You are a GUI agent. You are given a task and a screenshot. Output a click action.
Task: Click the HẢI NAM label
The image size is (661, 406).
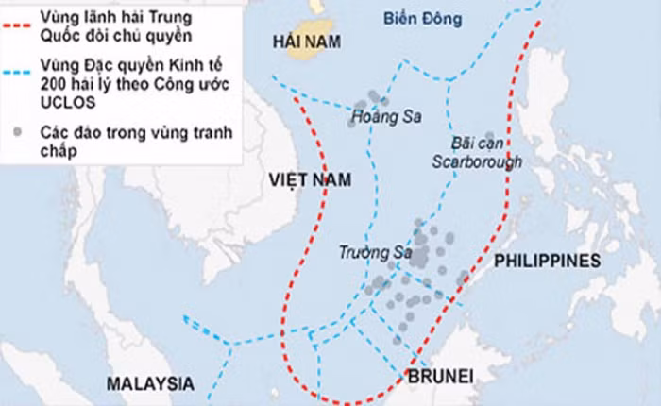[304, 41]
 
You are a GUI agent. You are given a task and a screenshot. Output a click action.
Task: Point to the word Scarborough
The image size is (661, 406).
[477, 161]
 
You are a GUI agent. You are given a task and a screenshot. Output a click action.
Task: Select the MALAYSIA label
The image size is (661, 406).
[150, 383]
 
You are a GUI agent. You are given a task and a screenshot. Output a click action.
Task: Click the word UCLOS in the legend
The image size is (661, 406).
[66, 99]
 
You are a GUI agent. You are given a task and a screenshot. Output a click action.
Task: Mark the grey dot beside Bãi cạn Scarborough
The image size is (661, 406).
[489, 137]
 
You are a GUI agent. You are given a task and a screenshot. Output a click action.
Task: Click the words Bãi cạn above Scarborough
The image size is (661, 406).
[477, 144]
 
